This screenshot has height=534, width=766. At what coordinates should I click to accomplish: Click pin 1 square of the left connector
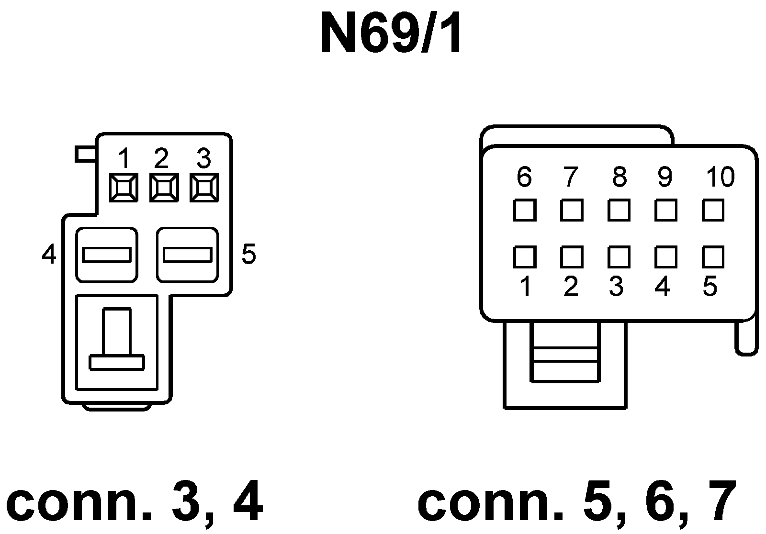[124, 187]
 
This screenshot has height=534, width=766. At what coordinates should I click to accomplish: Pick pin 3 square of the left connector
[204, 187]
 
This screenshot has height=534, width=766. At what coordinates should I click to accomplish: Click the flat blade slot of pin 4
[106, 255]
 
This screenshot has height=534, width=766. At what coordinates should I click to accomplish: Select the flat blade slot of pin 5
[187, 255]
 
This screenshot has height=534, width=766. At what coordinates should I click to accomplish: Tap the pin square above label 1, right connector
[524, 257]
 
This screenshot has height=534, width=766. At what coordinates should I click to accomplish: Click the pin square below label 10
[713, 210]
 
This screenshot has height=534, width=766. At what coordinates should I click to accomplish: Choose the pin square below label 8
[619, 210]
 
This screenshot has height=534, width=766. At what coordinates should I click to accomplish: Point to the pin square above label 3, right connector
[619, 257]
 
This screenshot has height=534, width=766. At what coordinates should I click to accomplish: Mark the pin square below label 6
[524, 210]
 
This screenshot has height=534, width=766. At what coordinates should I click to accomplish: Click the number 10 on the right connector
[720, 177]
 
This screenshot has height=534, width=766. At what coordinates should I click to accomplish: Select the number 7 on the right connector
[570, 177]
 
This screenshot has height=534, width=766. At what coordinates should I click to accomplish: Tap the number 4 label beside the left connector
[49, 255]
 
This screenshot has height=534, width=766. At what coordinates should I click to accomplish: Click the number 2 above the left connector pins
[161, 158]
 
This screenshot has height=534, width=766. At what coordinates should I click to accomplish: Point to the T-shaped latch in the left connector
[117, 340]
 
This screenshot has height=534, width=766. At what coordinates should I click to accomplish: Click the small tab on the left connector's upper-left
[86, 155]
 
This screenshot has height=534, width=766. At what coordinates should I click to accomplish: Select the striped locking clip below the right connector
[565, 353]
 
